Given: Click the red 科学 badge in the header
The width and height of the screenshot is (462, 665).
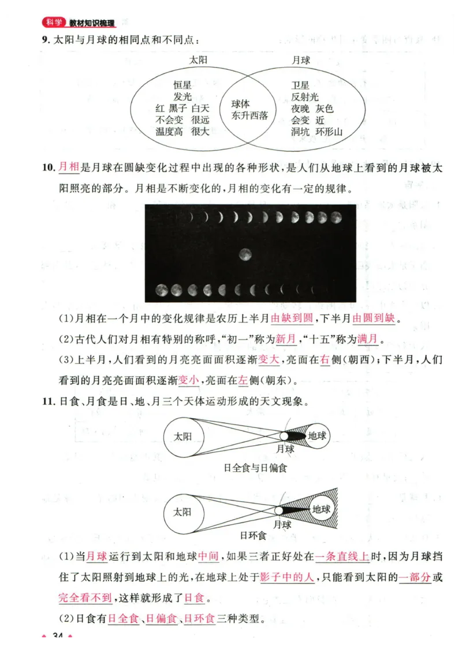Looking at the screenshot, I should (x=54, y=23).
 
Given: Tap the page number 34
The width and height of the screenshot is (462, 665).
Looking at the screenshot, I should (x=57, y=636).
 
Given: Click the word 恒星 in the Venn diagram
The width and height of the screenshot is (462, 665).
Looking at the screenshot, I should (x=182, y=85).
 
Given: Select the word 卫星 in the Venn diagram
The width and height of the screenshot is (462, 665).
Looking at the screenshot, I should (x=300, y=85).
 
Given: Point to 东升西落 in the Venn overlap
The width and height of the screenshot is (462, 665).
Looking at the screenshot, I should (x=250, y=115).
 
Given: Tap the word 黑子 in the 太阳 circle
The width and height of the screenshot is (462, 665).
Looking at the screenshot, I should (x=178, y=108).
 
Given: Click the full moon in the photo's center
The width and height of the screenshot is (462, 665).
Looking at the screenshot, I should (x=245, y=254).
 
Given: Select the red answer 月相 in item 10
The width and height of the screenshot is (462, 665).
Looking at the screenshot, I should (x=68, y=168).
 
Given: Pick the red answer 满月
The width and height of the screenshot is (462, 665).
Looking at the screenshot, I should (x=367, y=339).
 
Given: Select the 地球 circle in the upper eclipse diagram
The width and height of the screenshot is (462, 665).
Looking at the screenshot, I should (x=316, y=437).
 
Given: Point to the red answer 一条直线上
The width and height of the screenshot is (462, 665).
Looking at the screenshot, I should (x=342, y=557).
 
